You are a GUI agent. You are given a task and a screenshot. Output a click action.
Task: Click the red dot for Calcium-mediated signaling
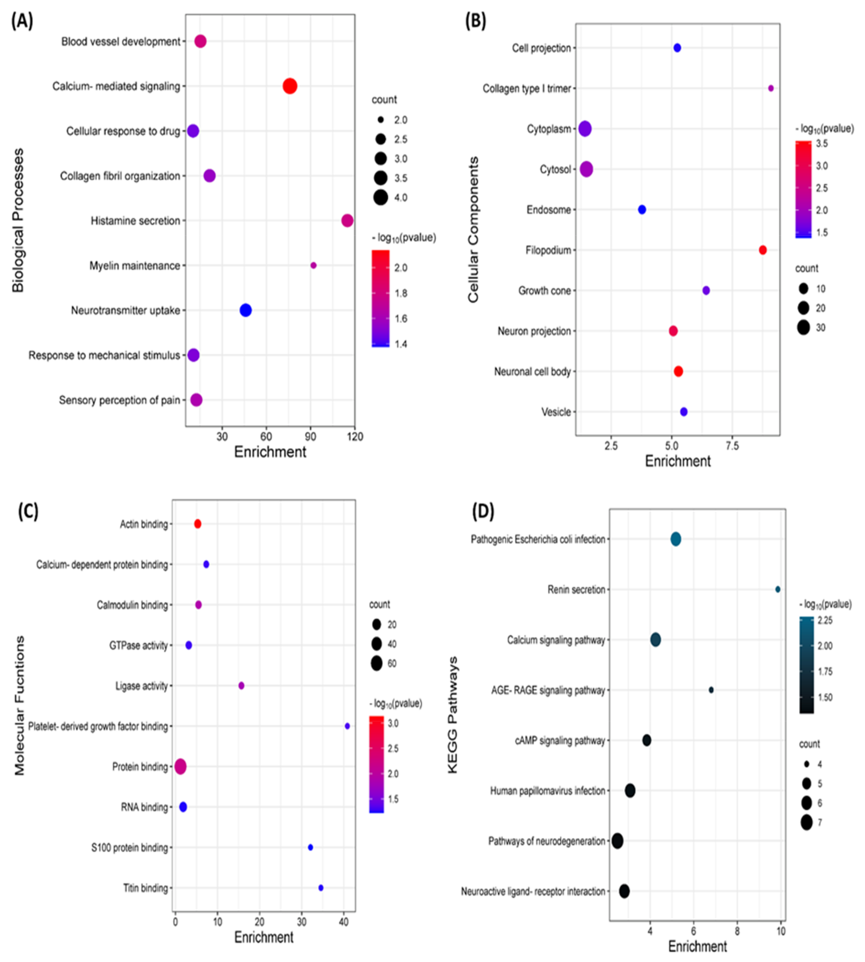290,86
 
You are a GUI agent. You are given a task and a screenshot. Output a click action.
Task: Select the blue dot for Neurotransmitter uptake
245,310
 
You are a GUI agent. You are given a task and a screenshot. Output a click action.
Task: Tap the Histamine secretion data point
348,221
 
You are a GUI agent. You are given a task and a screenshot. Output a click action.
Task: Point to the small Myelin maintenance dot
313,265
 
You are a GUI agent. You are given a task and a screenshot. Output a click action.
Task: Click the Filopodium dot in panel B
763,250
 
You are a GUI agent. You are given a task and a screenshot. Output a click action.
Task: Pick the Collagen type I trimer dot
771,88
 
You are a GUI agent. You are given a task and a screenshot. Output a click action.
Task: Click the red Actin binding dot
198,524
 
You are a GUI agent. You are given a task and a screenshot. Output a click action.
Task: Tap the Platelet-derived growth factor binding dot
348,726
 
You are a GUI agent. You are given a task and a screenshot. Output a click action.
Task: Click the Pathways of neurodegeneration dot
617,841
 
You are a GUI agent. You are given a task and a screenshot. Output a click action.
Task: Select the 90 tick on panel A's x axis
310,436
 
